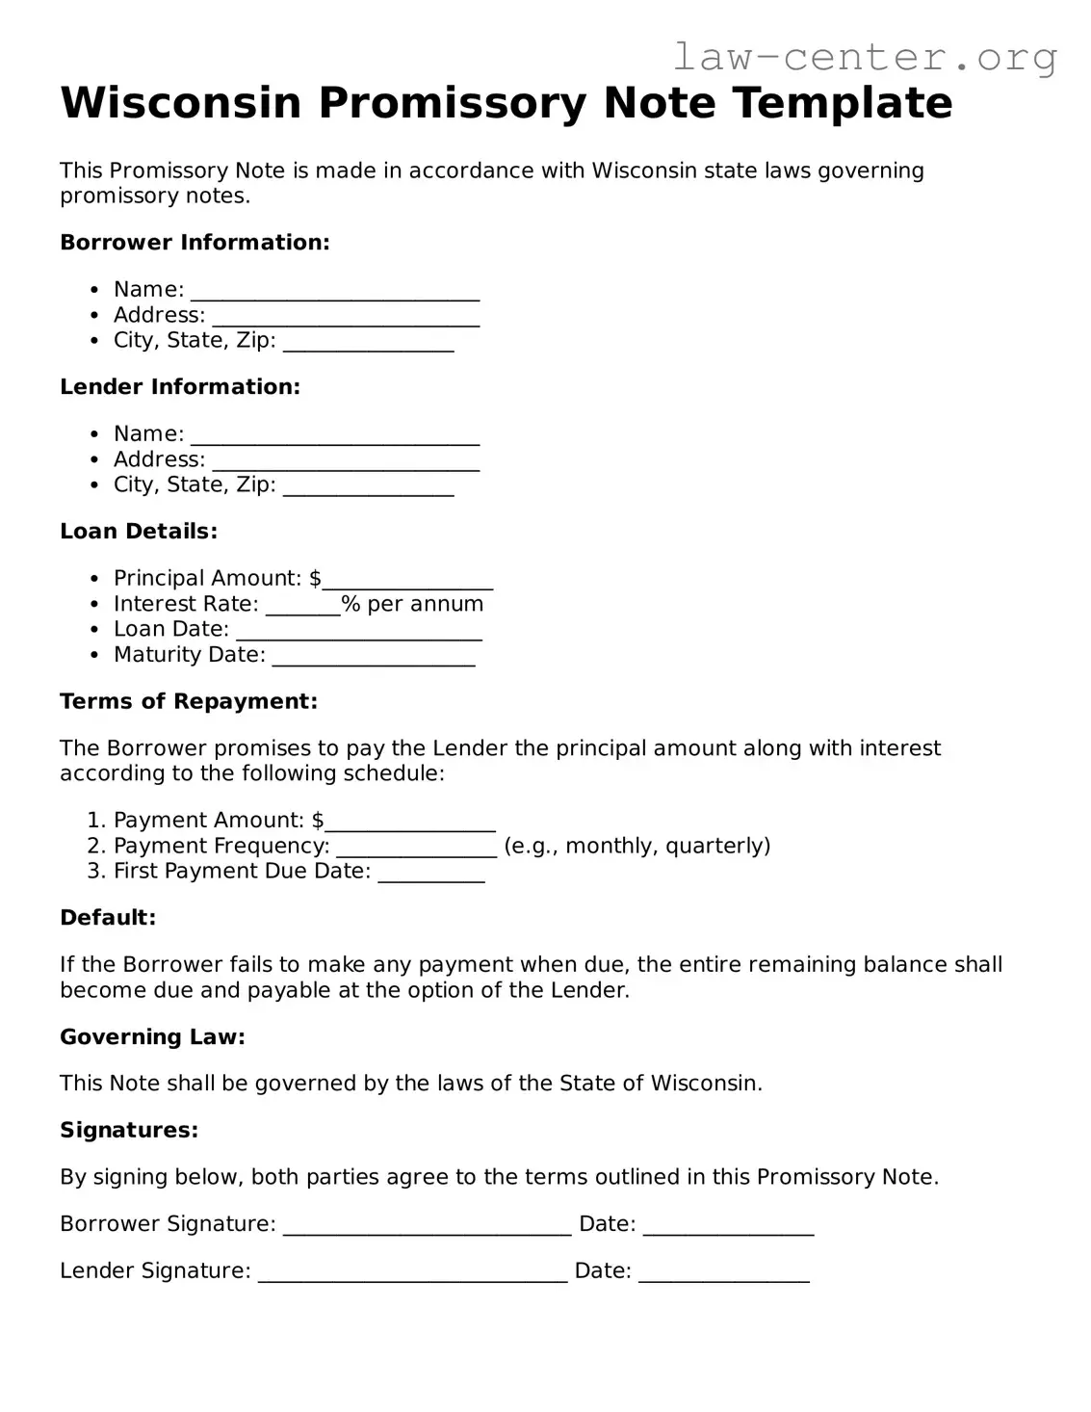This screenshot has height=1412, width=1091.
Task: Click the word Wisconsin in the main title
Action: (181, 103)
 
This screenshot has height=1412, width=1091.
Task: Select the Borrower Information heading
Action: (195, 243)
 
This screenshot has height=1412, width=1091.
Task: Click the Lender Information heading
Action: (180, 387)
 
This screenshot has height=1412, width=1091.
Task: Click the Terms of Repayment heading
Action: (189, 701)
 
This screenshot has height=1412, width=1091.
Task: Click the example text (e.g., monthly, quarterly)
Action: (636, 846)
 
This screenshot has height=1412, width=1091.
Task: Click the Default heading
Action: (108, 918)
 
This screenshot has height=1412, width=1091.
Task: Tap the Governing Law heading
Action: (152, 1037)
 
